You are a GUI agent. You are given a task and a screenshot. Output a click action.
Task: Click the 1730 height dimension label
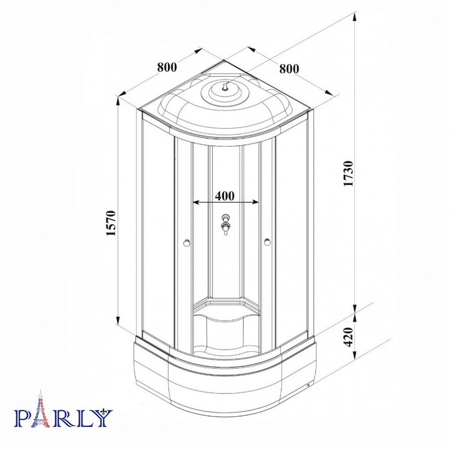coord(349,173)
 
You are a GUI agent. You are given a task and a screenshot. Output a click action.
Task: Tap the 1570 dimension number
coord(111,223)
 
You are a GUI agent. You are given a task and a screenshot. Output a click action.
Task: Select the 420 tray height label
coord(349,337)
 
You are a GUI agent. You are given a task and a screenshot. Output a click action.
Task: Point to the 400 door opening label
coord(225,196)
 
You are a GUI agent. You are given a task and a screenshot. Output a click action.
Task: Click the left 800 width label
coord(167,67)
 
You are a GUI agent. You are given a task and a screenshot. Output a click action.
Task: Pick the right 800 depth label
coord(289,69)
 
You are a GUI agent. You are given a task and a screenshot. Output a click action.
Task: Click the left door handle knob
coord(187,243)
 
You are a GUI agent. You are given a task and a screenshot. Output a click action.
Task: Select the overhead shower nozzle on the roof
coord(225,86)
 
